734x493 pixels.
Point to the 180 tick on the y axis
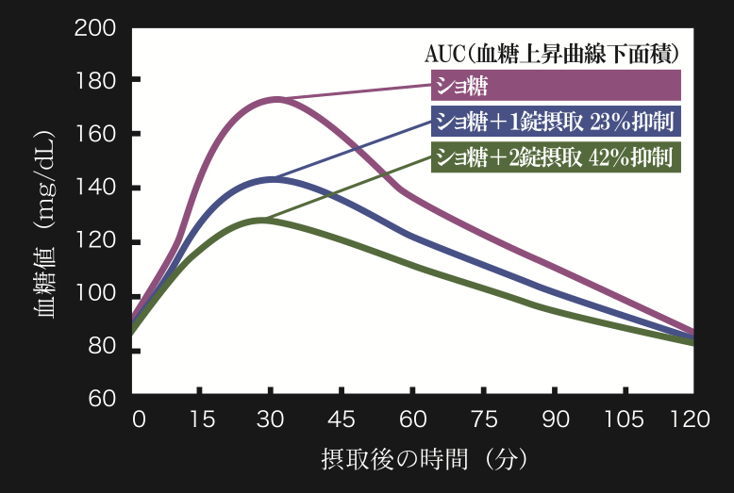[x=95, y=82]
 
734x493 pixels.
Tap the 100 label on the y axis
[x=95, y=297]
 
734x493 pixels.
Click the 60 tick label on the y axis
[x=102, y=399]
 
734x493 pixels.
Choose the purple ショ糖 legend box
[x=557, y=86]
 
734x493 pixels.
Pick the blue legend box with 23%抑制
[x=557, y=121]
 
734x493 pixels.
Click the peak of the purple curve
[x=275, y=99]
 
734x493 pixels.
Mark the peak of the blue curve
[x=273, y=179]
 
